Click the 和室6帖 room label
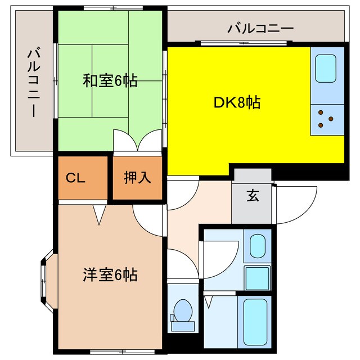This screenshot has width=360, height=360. pyautogui.click(x=110, y=81)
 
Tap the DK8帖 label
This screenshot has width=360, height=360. pyautogui.click(x=236, y=102)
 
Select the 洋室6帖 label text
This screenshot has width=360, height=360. pyautogui.click(x=110, y=275)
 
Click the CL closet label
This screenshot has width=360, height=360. pyautogui.click(x=75, y=179)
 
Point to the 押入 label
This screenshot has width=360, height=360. pyautogui.click(x=137, y=178)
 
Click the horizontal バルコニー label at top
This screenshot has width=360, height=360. pyautogui.click(x=260, y=28)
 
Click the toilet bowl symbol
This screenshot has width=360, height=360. pyautogui.click(x=182, y=311)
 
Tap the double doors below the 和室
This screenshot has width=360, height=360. pyautogui.click(x=137, y=141)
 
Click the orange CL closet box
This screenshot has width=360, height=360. pyautogui.click(x=82, y=178)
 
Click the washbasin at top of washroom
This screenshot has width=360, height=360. pyautogui.click(x=258, y=245)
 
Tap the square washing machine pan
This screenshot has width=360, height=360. pyautogui.click(x=257, y=278)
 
